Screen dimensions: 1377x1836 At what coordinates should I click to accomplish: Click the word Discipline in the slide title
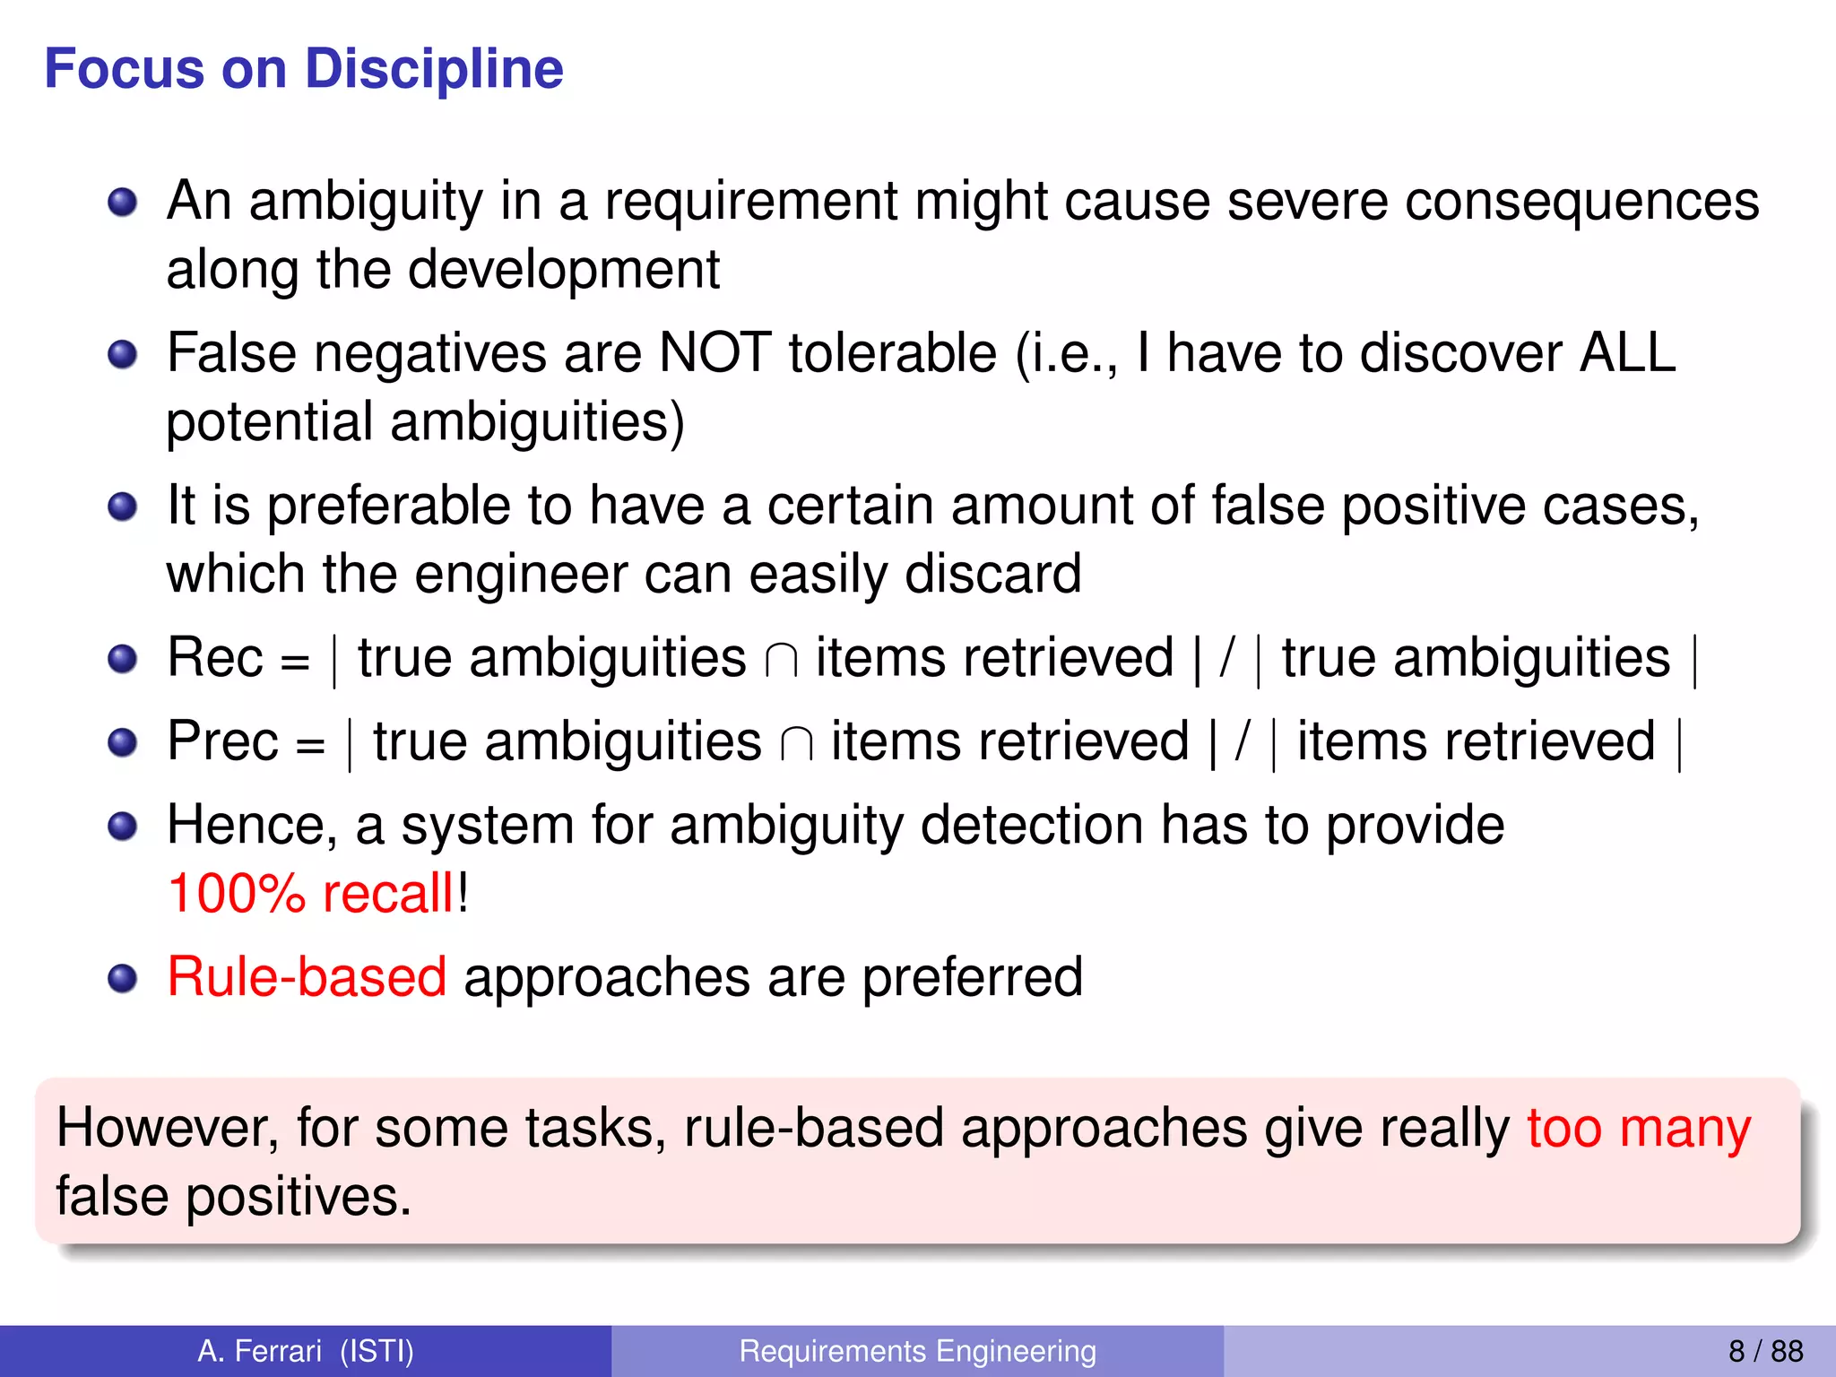(x=434, y=69)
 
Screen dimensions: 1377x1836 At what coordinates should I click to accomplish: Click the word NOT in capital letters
(x=714, y=352)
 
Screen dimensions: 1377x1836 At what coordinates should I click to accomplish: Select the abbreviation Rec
(x=215, y=658)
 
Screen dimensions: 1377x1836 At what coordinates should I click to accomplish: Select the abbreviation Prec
(x=223, y=741)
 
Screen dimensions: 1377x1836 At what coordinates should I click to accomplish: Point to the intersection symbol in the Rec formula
(x=781, y=662)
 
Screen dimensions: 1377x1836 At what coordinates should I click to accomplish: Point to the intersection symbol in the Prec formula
(x=796, y=745)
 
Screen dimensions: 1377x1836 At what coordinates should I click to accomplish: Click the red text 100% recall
(x=311, y=894)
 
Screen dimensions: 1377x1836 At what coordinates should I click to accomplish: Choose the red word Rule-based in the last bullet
(x=307, y=976)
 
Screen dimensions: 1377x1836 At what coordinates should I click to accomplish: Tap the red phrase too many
(x=1639, y=1128)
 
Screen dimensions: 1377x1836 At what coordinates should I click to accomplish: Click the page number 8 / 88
(x=1765, y=1351)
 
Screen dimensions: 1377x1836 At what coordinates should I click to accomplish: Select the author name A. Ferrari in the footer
(x=260, y=1351)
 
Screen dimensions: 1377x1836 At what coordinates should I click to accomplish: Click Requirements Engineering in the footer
(x=917, y=1351)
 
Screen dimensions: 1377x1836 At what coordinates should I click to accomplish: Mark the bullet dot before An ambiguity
(x=122, y=202)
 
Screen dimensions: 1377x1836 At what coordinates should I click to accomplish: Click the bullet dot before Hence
(x=122, y=826)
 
